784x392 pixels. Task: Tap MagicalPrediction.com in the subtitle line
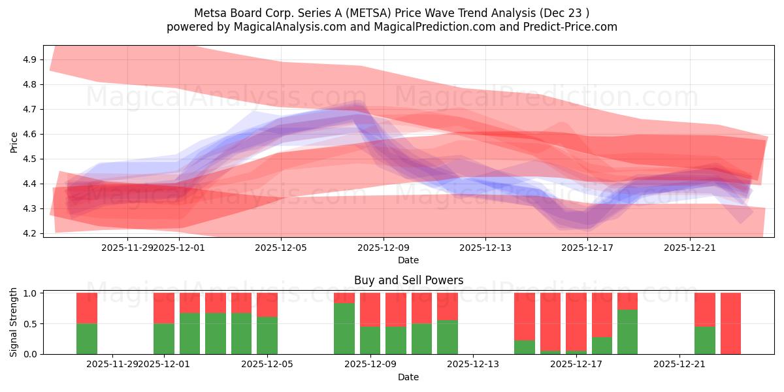(425, 27)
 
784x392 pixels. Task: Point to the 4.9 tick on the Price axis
(30, 59)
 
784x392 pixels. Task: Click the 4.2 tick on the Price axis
(30, 233)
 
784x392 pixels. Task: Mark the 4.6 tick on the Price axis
(30, 134)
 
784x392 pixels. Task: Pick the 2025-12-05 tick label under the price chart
(281, 248)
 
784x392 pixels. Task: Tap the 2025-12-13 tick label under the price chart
(485, 248)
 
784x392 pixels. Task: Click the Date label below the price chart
(408, 260)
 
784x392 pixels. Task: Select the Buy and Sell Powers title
(408, 280)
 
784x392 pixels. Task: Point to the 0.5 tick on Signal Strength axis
(30, 323)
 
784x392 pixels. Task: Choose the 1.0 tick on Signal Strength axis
(30, 293)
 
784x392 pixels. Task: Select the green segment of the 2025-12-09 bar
(370, 340)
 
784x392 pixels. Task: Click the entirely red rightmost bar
(730, 323)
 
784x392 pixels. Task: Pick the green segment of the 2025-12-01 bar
(164, 338)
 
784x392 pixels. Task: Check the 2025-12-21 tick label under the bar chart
(679, 365)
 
